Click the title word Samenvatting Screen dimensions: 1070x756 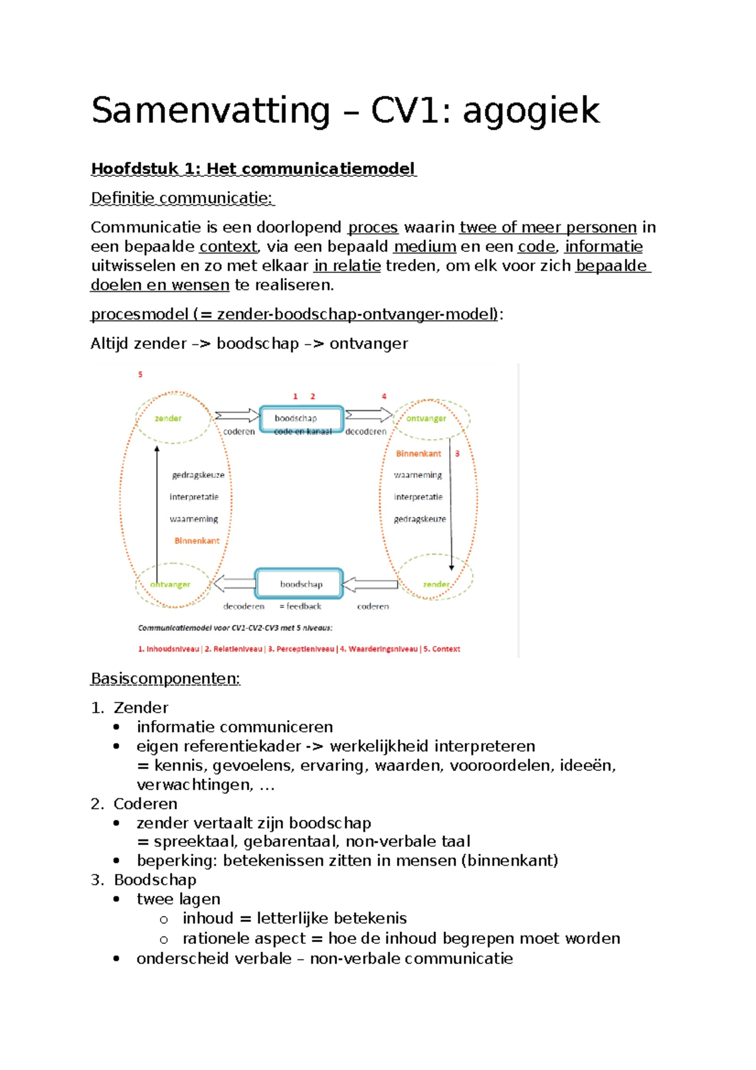[210, 111]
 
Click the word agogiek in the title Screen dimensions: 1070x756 [531, 112]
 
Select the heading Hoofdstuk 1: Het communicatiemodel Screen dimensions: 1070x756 [253, 169]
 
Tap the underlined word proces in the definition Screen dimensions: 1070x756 [373, 227]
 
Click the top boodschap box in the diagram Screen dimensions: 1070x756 [302, 418]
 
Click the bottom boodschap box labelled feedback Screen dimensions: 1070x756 [299, 584]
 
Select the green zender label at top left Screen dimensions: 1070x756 [168, 418]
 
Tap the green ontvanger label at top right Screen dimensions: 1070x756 [426, 418]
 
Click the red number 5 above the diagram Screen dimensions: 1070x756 [140, 375]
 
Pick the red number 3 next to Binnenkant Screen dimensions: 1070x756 [457, 454]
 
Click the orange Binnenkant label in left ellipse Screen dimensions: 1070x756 [197, 541]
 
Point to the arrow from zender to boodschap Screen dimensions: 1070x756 [236, 415]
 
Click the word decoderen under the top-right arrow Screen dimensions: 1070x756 [366, 432]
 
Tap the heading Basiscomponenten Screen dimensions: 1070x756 [165, 679]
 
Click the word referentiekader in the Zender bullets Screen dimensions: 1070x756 [250, 746]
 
